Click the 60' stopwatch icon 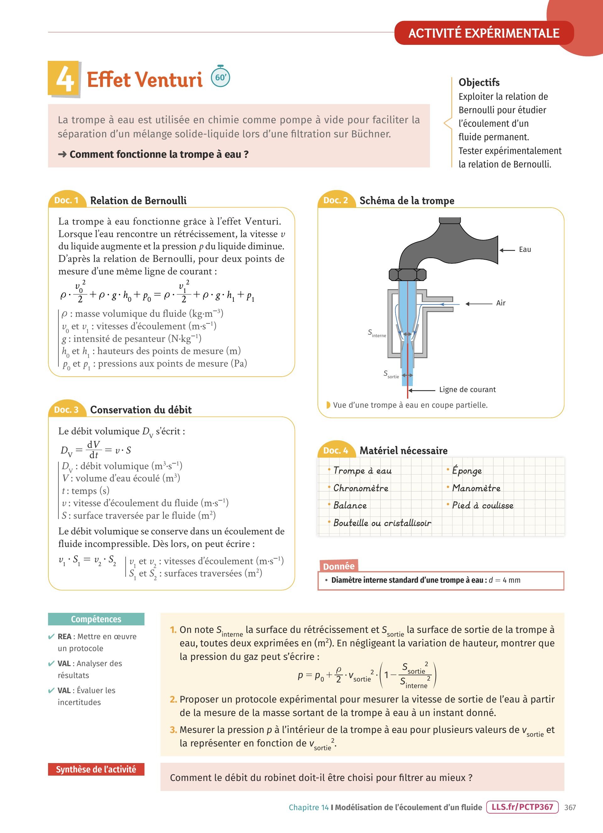coord(220,77)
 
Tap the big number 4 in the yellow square coord(65,79)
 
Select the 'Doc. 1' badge coord(66,200)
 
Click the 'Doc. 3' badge coord(66,410)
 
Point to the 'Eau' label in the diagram coord(525,249)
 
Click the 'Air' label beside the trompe coord(501,303)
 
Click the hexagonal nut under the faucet coord(407,274)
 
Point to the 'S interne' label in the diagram coord(377,333)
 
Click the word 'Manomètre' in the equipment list coord(476,488)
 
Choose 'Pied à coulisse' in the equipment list coord(482,505)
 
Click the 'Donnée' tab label coord(339,566)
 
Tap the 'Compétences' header coord(96,619)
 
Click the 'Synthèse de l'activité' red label coord(96,769)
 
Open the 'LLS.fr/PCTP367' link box coord(522,807)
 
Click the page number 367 coord(570,807)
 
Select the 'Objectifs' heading coord(479,82)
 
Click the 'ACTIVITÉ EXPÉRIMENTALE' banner coord(484,33)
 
